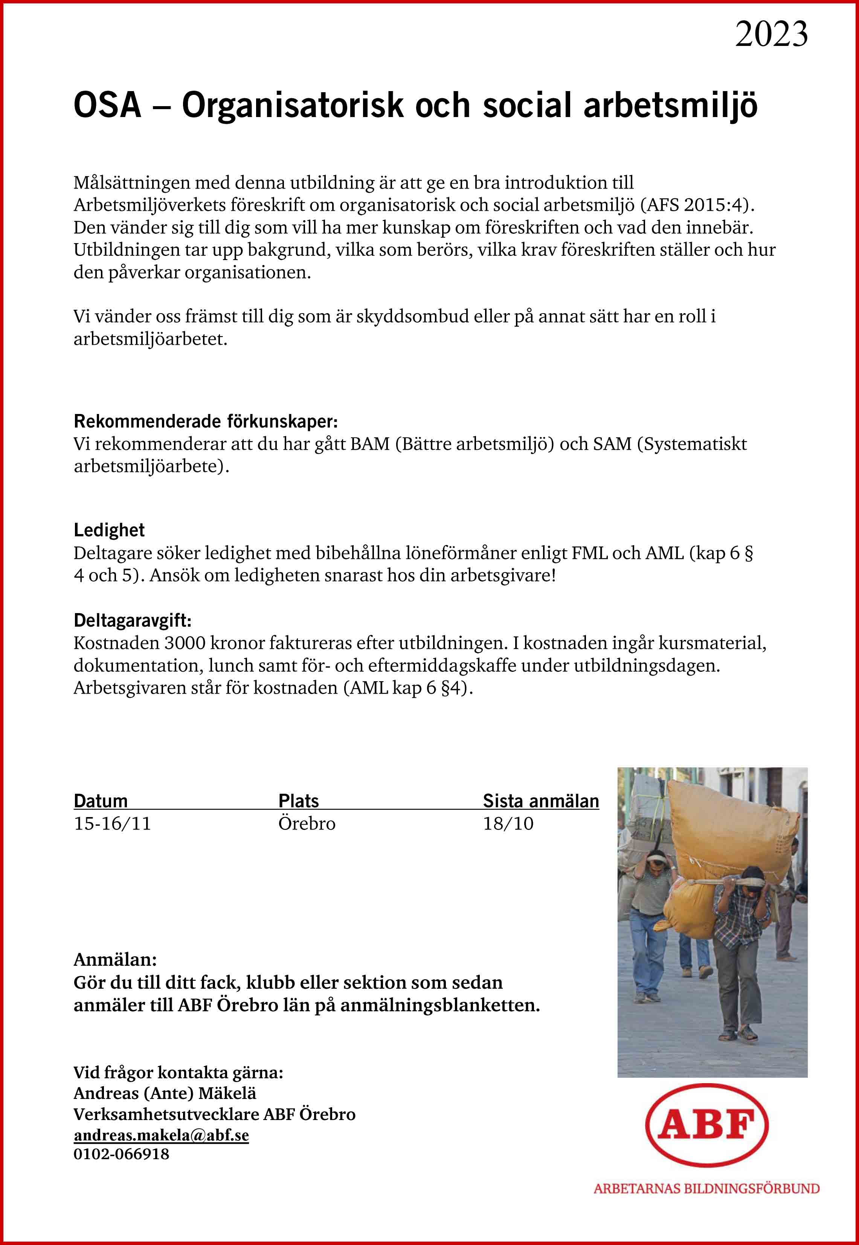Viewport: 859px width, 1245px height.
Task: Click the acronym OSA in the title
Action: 107,105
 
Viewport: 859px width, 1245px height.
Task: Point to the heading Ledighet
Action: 109,530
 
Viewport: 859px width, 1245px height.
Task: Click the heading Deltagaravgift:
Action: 133,620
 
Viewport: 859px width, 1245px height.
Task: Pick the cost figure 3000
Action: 184,643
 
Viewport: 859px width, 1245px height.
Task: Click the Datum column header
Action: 101,801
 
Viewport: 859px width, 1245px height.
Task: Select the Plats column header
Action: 299,801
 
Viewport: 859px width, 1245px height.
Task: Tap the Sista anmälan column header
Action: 540,801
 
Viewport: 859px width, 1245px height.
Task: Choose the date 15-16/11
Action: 113,823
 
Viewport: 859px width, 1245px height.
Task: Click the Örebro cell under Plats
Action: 307,823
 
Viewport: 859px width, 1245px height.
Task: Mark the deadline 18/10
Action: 508,823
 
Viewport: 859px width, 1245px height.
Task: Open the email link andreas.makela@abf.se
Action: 161,1135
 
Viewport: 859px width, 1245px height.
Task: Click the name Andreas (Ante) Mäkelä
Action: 165,1093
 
